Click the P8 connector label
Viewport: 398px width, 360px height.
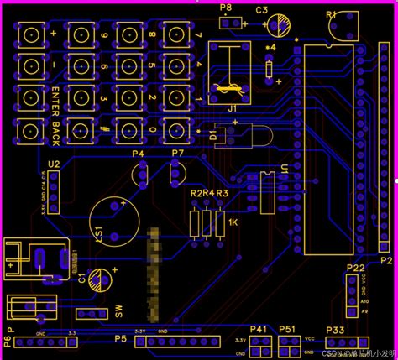225,8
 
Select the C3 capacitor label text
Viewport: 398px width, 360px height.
261,10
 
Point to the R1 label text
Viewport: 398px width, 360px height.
330,13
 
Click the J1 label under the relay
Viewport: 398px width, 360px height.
233,108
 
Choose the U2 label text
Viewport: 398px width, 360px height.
54,164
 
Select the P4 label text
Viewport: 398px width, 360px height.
138,154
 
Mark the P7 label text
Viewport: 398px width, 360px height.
177,154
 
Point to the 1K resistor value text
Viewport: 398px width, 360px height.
233,222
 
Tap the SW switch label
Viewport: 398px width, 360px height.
119,311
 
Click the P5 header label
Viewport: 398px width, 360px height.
120,339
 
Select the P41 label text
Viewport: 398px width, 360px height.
258,329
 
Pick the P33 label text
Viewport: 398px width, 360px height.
335,331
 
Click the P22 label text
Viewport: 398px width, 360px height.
355,268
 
